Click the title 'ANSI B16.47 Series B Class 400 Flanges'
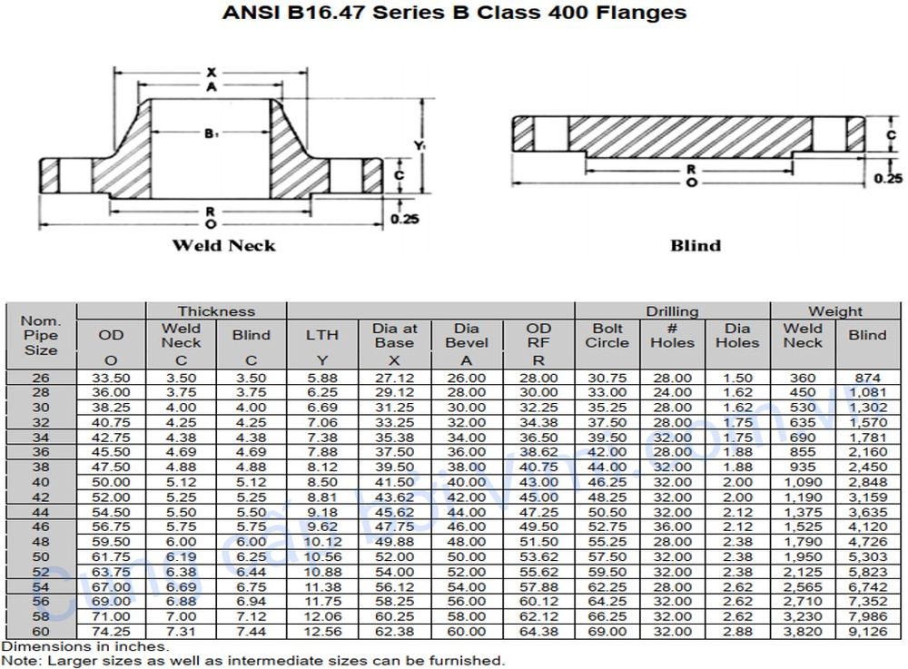coord(454,13)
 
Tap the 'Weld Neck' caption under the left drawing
coord(223,245)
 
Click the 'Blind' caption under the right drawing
coord(695,245)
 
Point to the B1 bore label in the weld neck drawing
coord(212,134)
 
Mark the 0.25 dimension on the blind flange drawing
coord(887,179)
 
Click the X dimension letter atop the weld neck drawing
coord(211,72)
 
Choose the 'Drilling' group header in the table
coord(672,311)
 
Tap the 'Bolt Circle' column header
coord(607,335)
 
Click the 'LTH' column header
coord(321,335)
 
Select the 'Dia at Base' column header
coord(395,335)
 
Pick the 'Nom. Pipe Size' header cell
coord(41,335)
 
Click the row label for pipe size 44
coord(41,512)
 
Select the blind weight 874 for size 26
coord(867,378)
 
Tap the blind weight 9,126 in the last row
coord(867,631)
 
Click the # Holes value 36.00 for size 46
coord(672,526)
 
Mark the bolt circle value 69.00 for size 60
coord(607,631)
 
